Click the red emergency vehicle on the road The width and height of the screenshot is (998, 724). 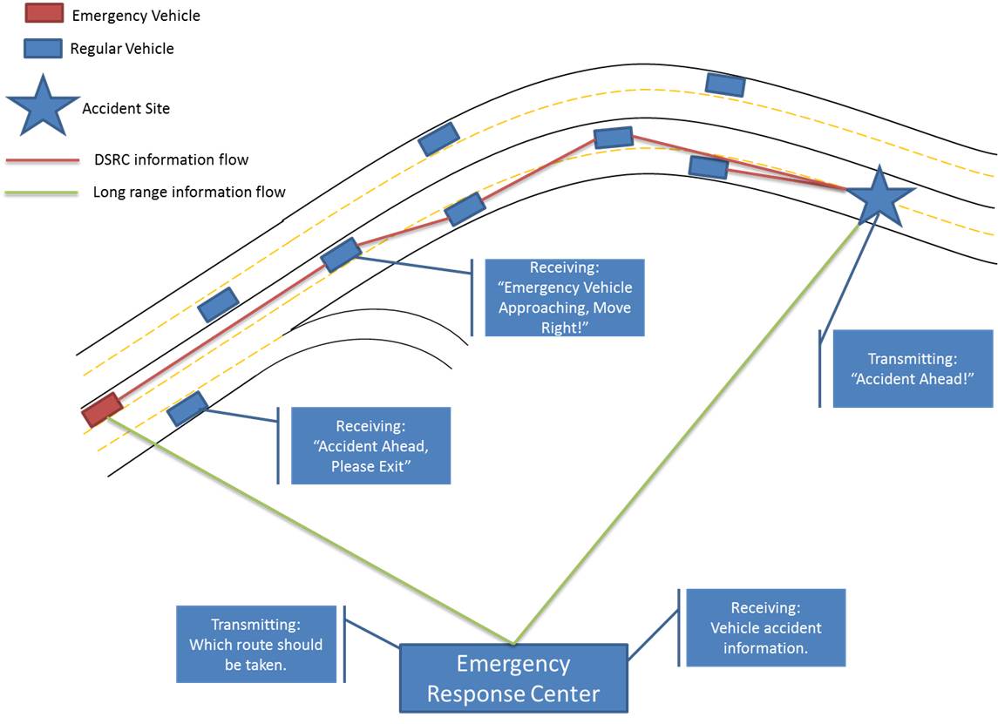pos(102,409)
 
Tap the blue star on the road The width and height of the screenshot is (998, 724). pos(879,197)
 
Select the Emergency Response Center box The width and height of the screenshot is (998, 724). pos(513,678)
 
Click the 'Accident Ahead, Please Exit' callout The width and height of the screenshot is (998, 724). pos(371,445)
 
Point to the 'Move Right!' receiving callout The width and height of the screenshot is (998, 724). pos(565,297)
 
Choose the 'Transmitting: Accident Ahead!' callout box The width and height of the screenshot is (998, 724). pos(913,369)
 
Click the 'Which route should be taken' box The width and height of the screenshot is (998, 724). pos(256,644)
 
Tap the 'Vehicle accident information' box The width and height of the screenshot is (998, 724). pos(765,627)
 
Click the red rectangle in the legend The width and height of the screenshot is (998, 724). pos(44,13)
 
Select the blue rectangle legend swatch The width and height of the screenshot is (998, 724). pos(43,48)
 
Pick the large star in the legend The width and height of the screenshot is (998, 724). pos(43,106)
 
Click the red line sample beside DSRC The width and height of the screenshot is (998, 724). pos(43,160)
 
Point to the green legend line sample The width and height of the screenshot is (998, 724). pos(41,193)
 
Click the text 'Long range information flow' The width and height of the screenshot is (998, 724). pos(189,193)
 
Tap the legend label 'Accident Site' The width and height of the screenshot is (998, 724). pos(126,109)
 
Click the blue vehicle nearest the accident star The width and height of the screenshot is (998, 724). pos(709,166)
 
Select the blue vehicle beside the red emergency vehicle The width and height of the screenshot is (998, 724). pos(187,408)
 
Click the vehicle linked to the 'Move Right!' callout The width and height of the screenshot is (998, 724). pos(341,255)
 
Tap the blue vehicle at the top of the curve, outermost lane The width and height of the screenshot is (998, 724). pos(725,85)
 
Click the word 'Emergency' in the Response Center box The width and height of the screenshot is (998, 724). pos(513,664)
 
